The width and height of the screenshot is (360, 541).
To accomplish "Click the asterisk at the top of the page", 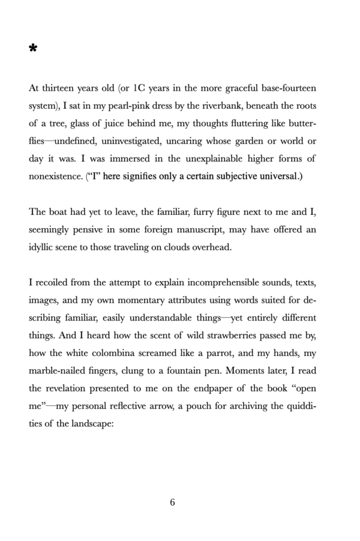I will click(33, 49).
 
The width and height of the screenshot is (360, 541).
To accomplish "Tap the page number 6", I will click(172, 503).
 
